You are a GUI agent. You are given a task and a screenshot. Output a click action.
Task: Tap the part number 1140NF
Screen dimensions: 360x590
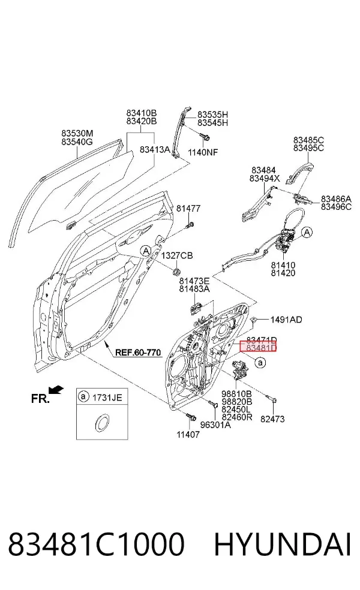tap(203, 152)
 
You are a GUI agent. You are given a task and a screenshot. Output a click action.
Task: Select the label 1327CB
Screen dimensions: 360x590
tap(177, 255)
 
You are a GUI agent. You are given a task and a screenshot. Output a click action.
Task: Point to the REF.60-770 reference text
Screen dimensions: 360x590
tap(138, 353)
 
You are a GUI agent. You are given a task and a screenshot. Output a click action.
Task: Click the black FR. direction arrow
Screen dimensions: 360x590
tap(56, 390)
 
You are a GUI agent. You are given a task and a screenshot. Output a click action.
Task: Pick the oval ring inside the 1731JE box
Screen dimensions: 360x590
tap(101, 423)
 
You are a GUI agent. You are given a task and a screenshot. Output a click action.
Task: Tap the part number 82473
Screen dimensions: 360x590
tap(272, 419)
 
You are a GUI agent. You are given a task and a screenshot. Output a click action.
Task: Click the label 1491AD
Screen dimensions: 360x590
tap(286, 320)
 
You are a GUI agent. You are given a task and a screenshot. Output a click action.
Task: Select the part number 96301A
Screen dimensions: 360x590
tap(215, 425)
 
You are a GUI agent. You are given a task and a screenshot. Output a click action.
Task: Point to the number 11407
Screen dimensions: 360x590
tap(188, 435)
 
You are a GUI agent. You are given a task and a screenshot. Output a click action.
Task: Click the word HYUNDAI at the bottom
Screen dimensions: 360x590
tap(283, 544)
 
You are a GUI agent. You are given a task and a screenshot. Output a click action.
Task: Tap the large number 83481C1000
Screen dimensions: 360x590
tap(97, 544)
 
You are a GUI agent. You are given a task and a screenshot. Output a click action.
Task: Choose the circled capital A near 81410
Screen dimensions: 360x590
tap(308, 232)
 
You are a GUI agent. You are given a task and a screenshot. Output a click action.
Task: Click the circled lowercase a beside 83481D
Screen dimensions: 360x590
tap(260, 363)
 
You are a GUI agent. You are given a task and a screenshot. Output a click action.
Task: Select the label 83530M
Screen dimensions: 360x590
tap(77, 134)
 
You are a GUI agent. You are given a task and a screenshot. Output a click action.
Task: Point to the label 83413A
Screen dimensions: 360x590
tap(155, 149)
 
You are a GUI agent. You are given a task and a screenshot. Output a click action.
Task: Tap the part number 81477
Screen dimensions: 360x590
tap(188, 208)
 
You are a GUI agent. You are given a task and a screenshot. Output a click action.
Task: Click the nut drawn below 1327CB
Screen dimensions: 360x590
tap(176, 270)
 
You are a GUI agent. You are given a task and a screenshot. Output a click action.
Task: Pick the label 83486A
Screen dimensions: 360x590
tap(336, 198)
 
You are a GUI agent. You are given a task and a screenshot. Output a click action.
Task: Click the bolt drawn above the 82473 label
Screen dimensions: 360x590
tap(272, 399)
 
